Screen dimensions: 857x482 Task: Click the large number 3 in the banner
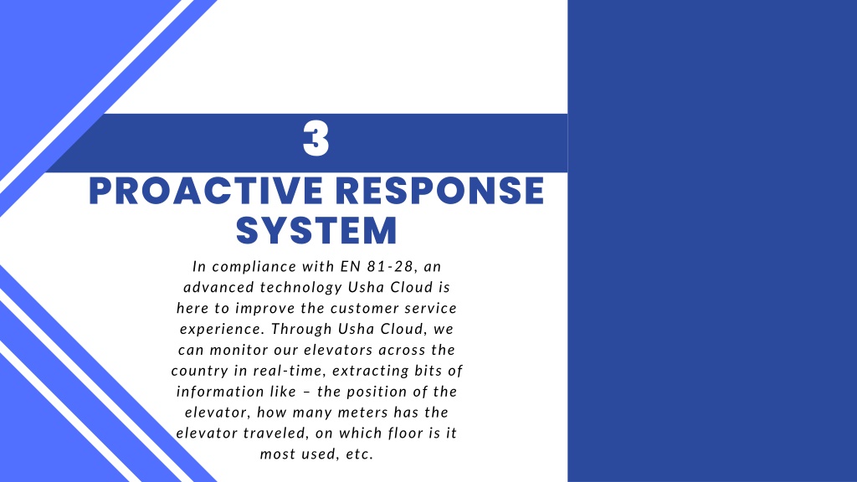(x=316, y=139)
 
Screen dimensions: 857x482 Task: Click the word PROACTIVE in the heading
(x=206, y=192)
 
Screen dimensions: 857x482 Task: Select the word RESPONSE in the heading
(x=440, y=192)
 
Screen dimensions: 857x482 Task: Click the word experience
(x=223, y=330)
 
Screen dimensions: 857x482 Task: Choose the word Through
(x=301, y=330)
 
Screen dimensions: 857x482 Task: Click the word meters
(x=361, y=413)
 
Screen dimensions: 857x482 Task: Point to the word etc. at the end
(x=359, y=454)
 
